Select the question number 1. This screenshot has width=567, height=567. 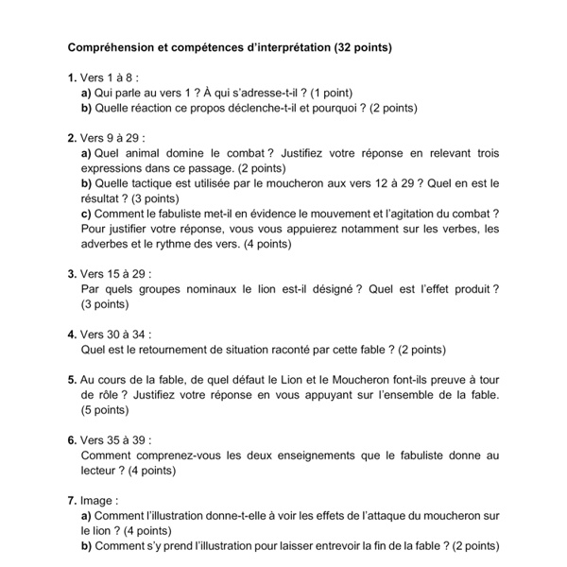(x=72, y=78)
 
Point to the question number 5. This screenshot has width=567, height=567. (x=72, y=380)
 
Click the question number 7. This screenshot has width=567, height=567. (x=72, y=500)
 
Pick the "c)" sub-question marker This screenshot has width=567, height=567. (x=87, y=214)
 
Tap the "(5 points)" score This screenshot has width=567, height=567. (x=105, y=410)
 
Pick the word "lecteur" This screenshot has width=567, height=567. (x=101, y=471)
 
